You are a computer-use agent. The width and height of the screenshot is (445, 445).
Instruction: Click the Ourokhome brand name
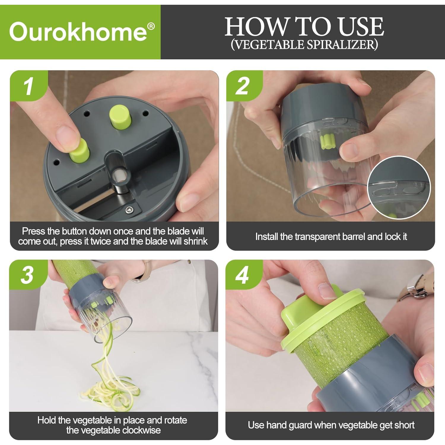(78, 32)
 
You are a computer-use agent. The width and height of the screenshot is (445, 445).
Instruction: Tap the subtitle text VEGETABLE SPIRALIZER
(304, 44)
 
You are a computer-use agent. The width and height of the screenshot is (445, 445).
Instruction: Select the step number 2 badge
(243, 86)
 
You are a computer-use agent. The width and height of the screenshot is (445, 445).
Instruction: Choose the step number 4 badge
(242, 275)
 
